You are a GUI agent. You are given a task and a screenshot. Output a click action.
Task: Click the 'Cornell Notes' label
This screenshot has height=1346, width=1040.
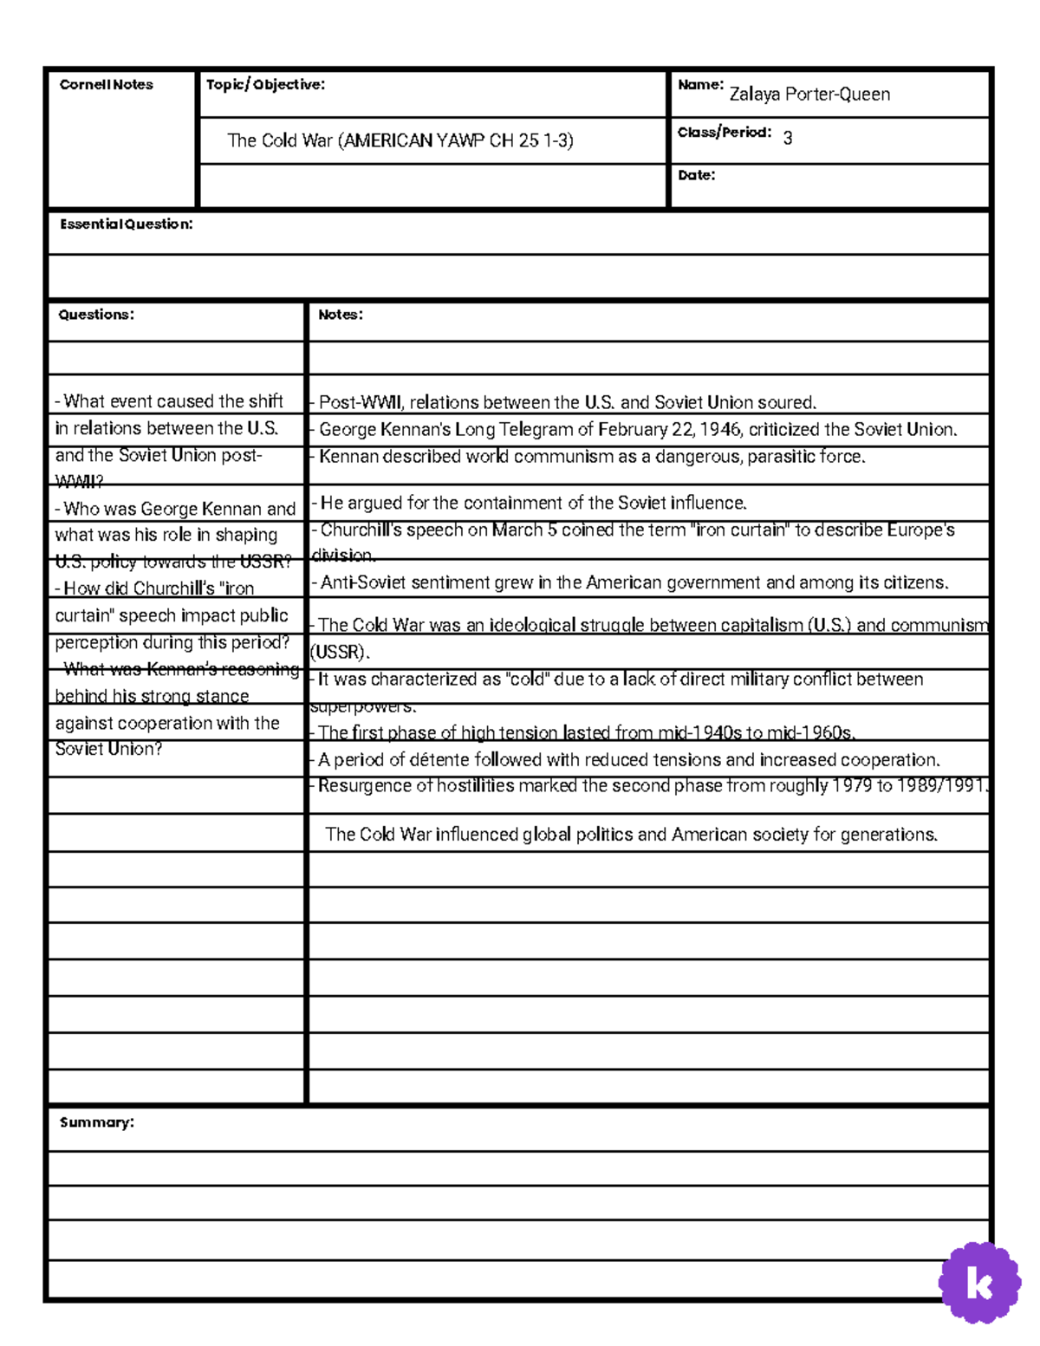coord(106,85)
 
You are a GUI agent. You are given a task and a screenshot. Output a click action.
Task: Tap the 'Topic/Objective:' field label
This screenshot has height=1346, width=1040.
coord(265,85)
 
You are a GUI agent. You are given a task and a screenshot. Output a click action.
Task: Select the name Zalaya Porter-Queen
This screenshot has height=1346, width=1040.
coord(809,94)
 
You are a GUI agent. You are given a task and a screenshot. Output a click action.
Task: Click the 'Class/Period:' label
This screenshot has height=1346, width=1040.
coord(724,133)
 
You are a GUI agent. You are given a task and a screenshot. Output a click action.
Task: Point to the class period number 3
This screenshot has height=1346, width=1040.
coord(787,138)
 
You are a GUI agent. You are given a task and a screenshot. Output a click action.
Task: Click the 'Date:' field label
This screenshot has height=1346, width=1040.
coord(696,175)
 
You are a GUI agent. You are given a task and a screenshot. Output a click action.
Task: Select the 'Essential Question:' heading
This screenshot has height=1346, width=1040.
coord(126,224)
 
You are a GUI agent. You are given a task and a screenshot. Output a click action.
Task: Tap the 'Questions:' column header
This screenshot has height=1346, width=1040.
coord(96,315)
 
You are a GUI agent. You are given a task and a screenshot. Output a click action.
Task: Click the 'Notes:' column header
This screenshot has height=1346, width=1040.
coord(340,315)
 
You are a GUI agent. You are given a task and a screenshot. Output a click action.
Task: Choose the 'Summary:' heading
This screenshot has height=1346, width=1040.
coord(96,1122)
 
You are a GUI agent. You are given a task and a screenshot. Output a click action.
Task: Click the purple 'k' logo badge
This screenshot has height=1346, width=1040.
coord(979,1284)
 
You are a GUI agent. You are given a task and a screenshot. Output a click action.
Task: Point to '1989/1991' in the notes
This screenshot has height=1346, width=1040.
coord(941,786)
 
